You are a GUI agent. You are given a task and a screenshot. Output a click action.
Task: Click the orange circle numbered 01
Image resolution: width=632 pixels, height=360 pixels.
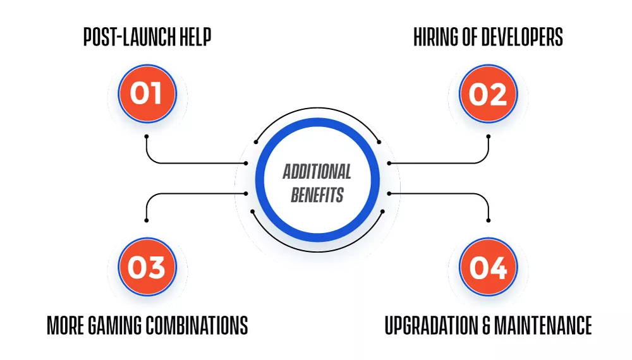coord(147,93)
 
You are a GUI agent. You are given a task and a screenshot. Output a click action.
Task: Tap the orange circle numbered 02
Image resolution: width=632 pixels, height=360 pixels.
coord(488,93)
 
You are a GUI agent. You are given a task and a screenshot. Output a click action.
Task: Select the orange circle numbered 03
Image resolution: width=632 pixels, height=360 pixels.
coord(147,267)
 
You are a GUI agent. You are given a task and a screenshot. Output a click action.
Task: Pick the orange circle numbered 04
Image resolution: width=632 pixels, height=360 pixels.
coord(488,267)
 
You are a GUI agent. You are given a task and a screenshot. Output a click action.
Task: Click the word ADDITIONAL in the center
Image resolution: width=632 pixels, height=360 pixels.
coord(317,172)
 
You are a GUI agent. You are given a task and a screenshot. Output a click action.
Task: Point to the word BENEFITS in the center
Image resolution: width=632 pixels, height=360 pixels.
coord(317,195)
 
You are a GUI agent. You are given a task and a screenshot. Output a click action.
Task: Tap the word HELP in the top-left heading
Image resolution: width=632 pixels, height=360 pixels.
coord(195,37)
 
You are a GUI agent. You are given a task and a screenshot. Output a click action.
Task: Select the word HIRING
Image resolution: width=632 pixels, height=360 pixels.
coord(435,37)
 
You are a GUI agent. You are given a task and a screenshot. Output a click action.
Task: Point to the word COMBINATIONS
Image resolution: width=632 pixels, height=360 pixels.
coord(197,325)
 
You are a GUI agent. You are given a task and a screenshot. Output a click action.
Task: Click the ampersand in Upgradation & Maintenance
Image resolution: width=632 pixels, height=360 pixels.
coord(486,325)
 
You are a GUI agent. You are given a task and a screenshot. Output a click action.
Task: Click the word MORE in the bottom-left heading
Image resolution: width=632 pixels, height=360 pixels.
coord(66,325)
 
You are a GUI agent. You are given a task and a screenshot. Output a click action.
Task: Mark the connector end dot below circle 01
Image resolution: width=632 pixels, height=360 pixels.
coord(147,136)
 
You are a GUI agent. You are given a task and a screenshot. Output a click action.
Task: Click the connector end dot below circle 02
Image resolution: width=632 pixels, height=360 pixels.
coord(489,136)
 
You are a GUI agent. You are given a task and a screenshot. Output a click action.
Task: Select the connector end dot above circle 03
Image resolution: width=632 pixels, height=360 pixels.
coord(147,220)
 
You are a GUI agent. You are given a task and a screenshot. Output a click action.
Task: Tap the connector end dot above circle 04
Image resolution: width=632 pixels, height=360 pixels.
coord(489,220)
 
